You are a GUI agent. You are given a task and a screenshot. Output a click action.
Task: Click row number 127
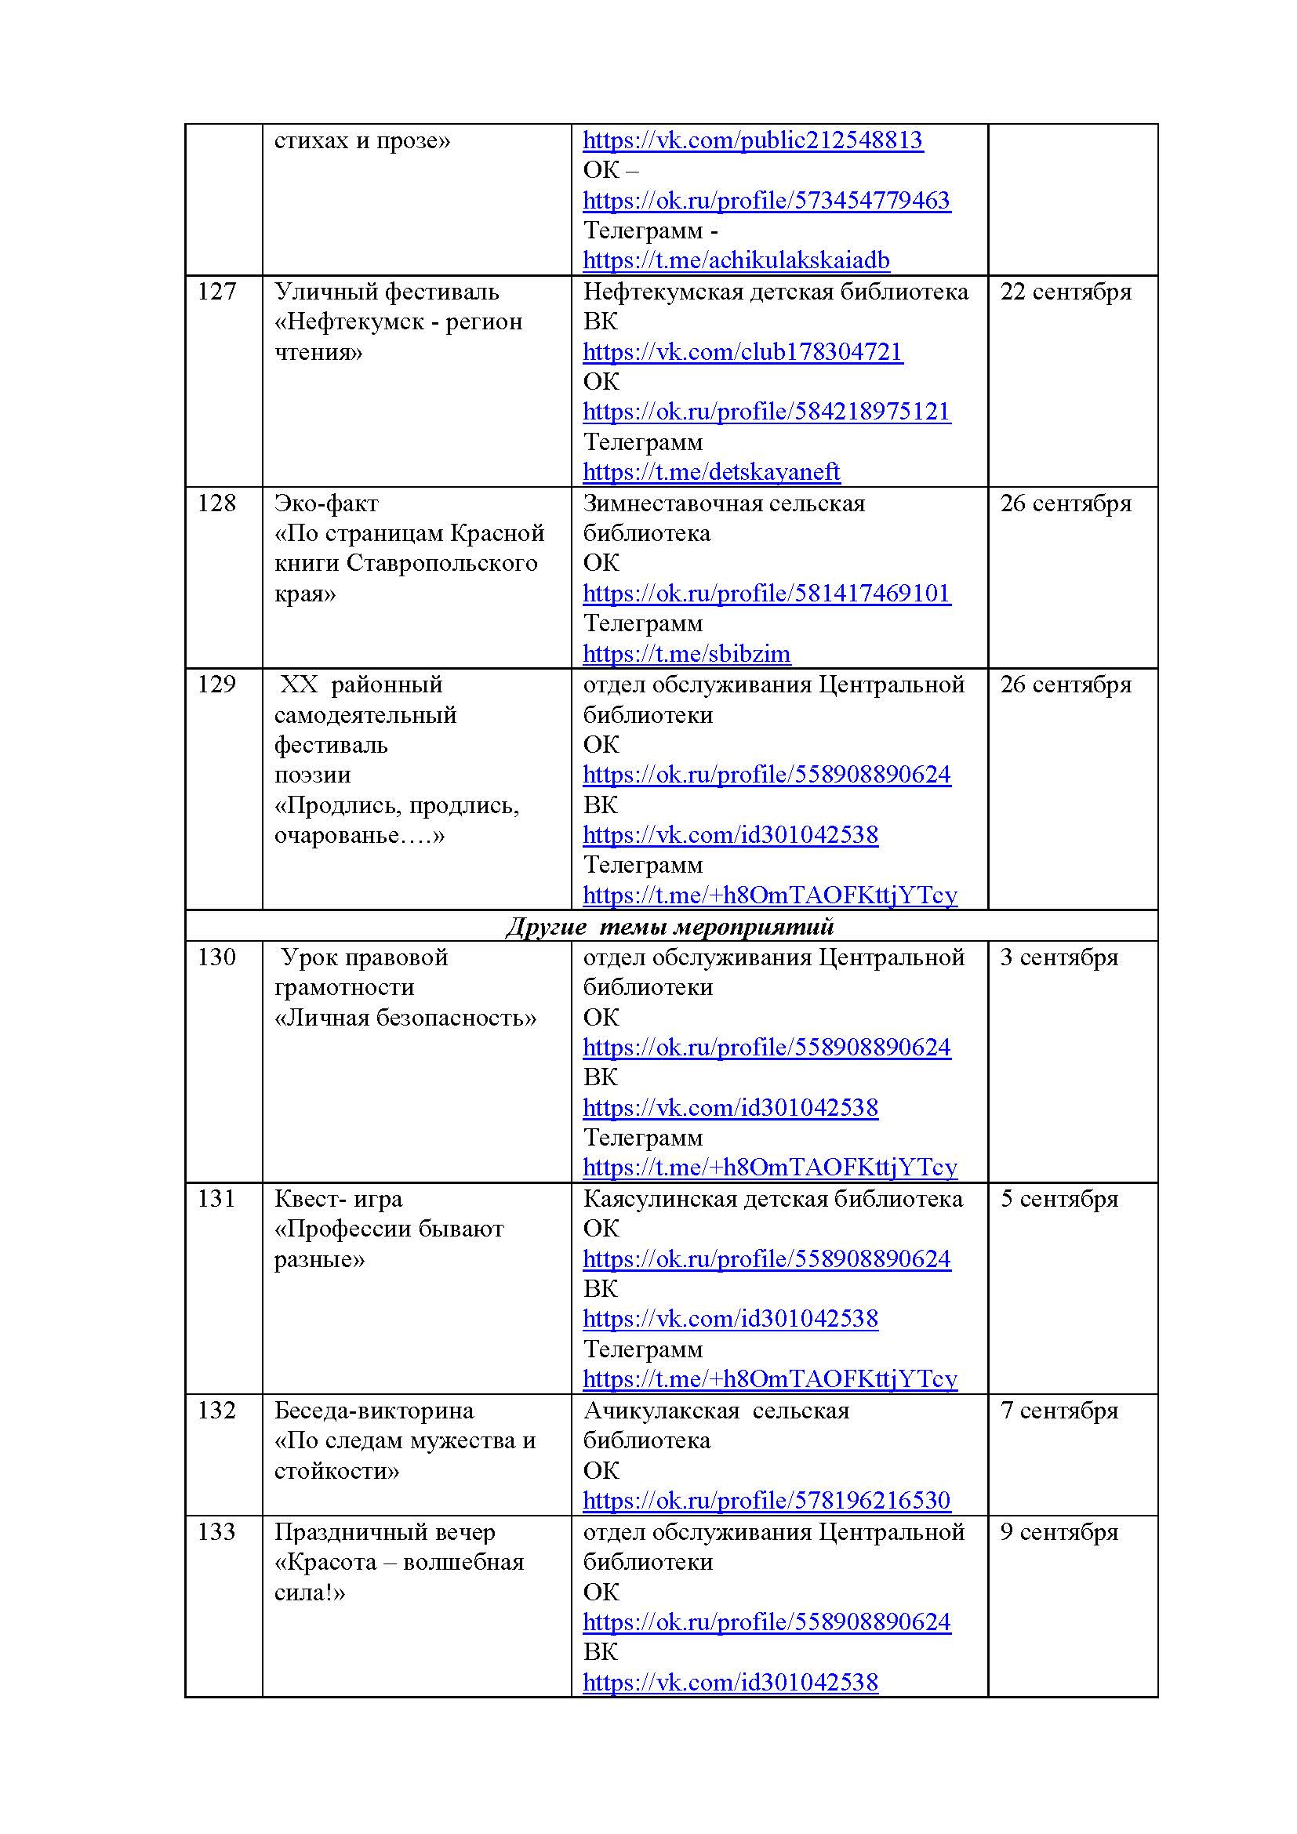coord(216,292)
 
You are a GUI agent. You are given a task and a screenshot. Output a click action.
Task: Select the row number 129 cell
coord(216,685)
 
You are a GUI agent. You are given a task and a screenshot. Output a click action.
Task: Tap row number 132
coord(216,1410)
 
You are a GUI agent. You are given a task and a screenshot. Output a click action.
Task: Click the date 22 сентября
coord(1066,292)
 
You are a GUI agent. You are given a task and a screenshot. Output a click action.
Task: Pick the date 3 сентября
coord(1059,957)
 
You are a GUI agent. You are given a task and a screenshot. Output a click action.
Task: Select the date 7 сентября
coord(1059,1410)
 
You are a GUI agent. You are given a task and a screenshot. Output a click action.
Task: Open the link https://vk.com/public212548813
coord(752,140)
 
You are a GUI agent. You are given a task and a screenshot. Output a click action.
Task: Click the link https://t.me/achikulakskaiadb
coord(736,260)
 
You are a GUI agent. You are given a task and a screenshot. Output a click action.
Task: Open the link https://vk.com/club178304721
coord(742,351)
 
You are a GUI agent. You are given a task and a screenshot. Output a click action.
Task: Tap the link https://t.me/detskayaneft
coord(710,472)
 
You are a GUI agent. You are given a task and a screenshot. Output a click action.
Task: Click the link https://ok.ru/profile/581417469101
coord(766,594)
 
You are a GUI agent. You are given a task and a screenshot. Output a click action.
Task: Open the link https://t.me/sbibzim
coord(686,653)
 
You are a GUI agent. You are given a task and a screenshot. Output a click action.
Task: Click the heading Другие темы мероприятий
coord(670,927)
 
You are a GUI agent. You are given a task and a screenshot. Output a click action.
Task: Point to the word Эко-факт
coord(326,503)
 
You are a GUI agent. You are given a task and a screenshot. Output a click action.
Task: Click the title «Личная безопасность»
coord(405,1018)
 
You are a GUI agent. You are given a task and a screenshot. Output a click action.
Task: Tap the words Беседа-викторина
coord(374,1410)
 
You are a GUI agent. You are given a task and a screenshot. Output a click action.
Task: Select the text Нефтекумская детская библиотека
coord(775,292)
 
